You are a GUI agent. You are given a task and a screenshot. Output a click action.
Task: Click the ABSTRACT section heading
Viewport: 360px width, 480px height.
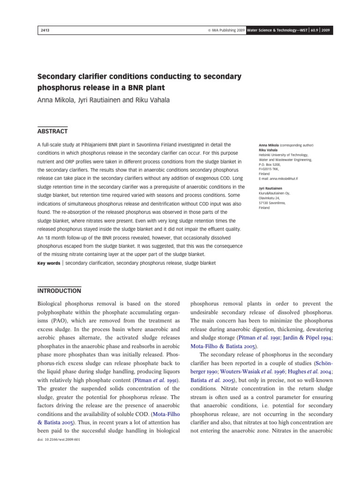(52, 131)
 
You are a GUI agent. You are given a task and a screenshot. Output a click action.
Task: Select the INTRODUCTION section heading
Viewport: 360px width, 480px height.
(59, 291)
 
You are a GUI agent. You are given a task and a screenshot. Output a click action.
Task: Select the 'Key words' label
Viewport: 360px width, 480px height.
(48, 263)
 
